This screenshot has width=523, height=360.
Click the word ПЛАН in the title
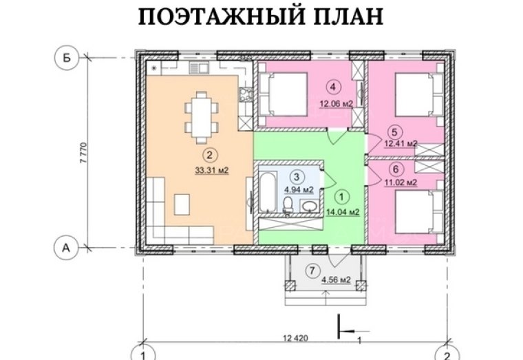click(348, 17)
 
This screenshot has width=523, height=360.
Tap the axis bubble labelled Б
click(67, 58)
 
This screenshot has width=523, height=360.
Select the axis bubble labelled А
click(66, 248)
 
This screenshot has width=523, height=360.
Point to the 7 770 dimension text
click(84, 153)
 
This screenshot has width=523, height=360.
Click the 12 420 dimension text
click(295, 338)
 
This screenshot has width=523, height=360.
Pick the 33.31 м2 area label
click(212, 171)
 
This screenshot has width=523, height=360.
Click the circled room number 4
click(333, 87)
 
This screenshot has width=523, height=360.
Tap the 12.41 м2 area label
click(401, 144)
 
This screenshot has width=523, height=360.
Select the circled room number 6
click(396, 169)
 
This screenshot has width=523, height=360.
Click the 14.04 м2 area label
click(343, 212)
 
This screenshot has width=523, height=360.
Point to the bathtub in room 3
click(268, 191)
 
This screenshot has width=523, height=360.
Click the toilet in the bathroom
click(288, 205)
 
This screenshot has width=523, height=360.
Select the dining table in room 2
click(201, 118)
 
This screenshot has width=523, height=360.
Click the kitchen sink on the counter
click(199, 68)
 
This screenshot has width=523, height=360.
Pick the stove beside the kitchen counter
click(245, 94)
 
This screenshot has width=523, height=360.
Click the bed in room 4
click(284, 94)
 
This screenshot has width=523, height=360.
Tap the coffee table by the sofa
click(182, 204)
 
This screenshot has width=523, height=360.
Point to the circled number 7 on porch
click(312, 271)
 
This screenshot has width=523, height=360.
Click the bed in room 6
click(419, 211)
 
